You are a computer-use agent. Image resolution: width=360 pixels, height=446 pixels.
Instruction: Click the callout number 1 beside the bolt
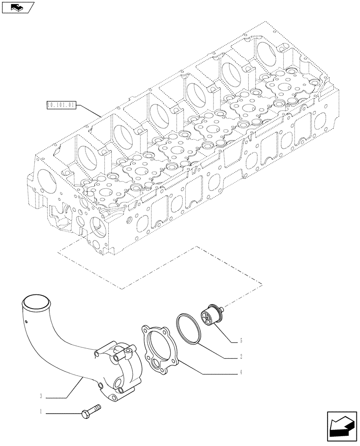41,413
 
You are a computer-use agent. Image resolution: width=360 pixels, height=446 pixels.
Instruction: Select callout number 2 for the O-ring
241,357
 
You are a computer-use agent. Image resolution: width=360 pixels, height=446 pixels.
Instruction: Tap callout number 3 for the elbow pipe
41,396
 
